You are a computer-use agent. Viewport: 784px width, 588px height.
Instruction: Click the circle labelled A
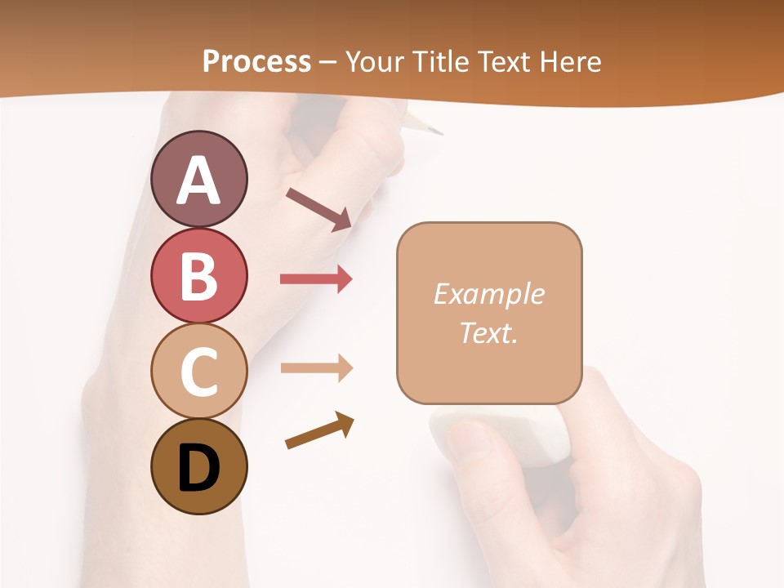coord(198,179)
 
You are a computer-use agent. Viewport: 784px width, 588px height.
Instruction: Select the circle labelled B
coord(198,275)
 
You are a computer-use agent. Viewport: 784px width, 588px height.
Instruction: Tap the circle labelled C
coord(198,372)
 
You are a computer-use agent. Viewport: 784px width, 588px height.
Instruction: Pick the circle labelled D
coord(198,466)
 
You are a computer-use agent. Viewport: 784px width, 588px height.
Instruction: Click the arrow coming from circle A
coord(318,209)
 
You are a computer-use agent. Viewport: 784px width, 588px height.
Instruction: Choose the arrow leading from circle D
coord(319,430)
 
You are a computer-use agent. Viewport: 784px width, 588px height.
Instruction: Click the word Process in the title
coord(256,62)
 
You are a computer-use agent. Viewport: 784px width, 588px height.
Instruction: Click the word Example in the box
coord(488,294)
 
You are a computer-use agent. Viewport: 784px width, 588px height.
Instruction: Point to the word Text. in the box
coord(488,333)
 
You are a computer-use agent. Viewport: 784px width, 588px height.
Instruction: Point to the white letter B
coord(198,275)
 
